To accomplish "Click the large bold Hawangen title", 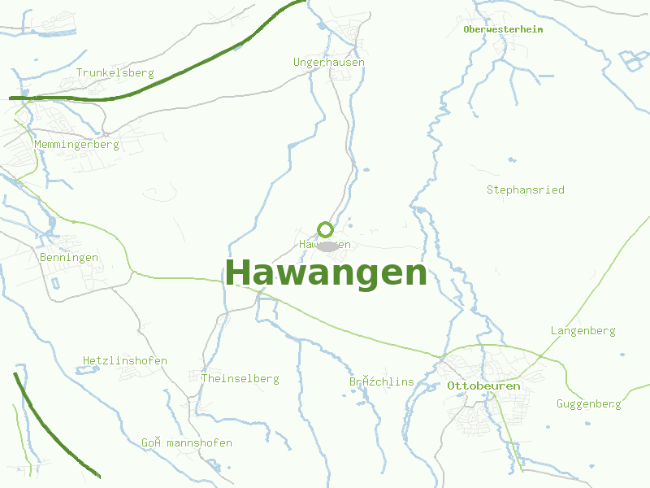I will click(326, 273).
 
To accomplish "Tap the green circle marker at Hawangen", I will click(325, 229).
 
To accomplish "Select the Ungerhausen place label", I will click(329, 62).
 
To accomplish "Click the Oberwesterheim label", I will click(503, 29).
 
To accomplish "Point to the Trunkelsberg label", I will click(115, 72).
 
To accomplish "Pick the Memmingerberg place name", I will click(76, 144).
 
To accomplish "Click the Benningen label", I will click(69, 257).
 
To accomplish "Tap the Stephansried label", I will click(525, 190).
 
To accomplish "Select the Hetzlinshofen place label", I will click(125, 360).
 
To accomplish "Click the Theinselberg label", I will click(240, 378).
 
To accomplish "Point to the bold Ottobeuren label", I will click(483, 386).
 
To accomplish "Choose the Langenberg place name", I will click(583, 330).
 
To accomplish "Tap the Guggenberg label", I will click(588, 403).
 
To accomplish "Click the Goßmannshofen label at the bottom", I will click(187, 442).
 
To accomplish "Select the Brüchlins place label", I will click(382, 381).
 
